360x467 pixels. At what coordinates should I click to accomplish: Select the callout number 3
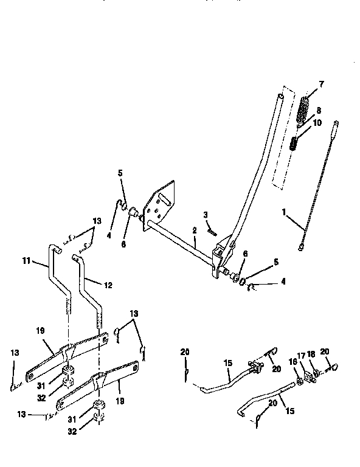(x=206, y=215)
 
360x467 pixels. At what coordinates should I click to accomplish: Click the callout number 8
(x=319, y=111)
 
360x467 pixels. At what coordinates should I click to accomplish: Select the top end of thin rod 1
(x=335, y=129)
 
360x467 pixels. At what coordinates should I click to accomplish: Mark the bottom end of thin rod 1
(x=302, y=246)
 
